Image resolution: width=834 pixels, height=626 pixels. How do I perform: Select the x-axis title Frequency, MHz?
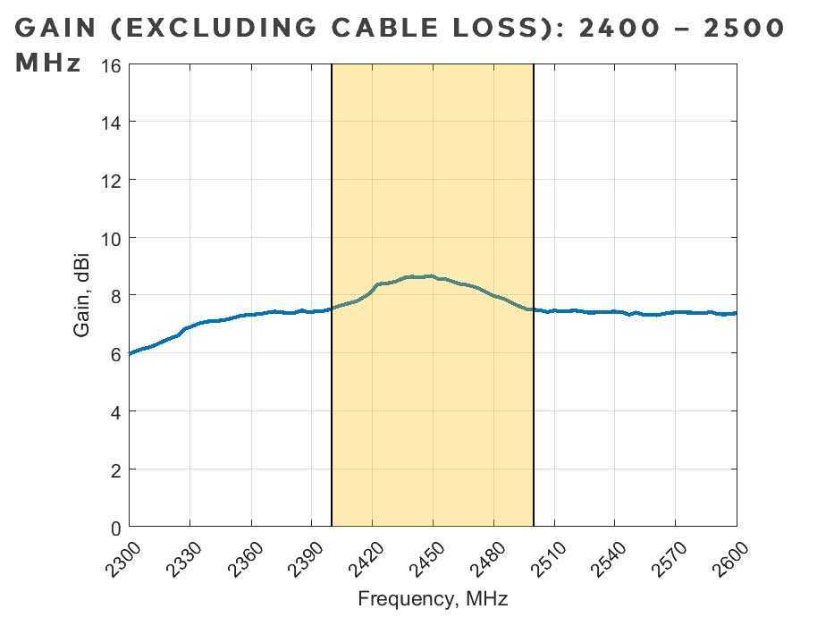433,598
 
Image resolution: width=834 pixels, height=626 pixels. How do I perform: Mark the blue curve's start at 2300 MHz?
131,353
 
